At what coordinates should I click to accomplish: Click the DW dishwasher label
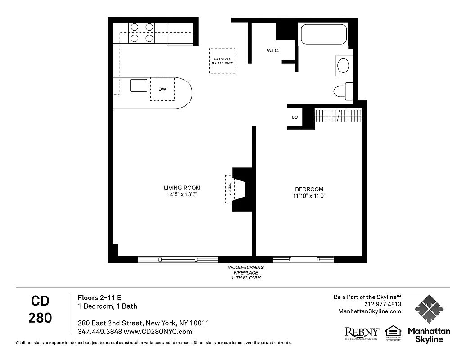162,89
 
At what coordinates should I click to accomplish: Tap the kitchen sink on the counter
139,85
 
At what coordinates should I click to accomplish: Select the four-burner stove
141,33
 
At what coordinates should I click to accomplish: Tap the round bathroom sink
344,66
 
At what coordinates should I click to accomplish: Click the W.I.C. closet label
273,51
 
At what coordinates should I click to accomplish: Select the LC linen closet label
295,117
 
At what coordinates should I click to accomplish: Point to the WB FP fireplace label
229,189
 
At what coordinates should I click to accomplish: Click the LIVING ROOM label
182,188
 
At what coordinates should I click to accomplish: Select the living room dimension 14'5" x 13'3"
182,194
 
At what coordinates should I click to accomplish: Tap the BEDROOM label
309,189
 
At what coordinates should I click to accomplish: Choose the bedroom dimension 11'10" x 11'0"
309,196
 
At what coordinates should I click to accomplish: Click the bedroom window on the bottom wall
303,259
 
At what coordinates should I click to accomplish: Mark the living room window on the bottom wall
178,259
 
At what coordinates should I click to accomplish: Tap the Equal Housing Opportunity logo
393,333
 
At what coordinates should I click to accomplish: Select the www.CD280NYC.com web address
158,332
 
